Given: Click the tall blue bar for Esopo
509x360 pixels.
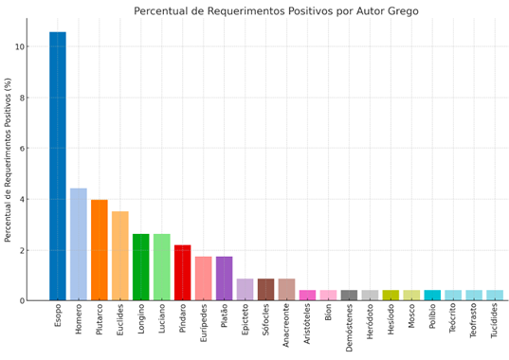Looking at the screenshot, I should coord(58,166).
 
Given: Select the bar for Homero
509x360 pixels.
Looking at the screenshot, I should coord(79,244).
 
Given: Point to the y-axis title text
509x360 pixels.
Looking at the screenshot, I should coord(8,159).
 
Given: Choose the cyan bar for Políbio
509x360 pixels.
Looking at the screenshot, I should coord(433,296).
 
